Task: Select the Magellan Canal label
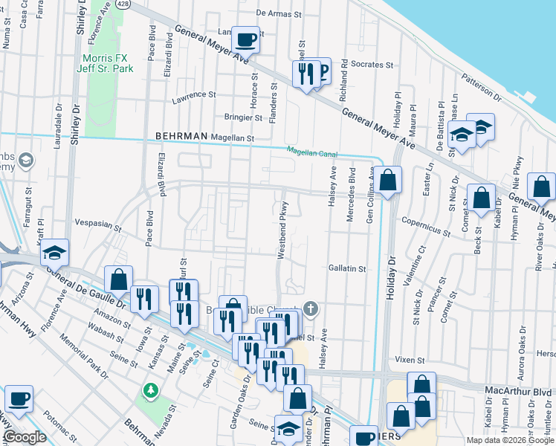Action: click(312, 152)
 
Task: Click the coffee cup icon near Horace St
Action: click(245, 39)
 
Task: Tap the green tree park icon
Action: click(150, 390)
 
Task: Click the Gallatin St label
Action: click(347, 268)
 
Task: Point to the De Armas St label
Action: click(281, 13)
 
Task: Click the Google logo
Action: click(25, 437)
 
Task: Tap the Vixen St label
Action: click(410, 359)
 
